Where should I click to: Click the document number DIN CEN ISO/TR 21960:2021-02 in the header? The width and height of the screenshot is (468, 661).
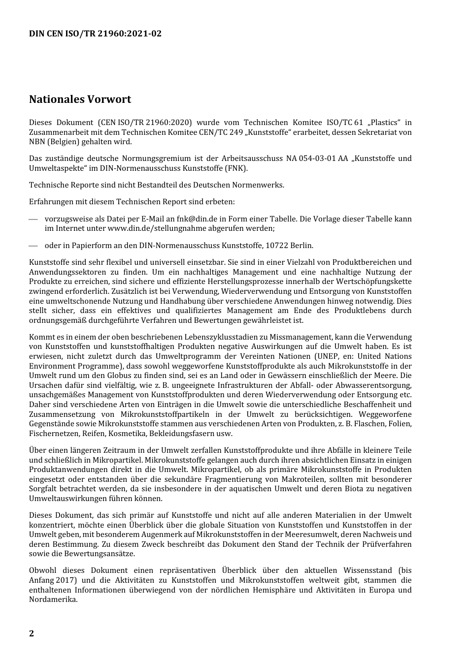[95, 33]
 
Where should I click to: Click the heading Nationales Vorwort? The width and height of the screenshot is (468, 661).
[80, 99]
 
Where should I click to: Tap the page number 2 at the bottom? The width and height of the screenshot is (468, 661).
[32, 633]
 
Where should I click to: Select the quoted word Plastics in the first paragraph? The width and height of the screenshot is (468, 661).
[384, 123]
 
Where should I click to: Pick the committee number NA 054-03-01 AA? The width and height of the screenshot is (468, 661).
[317, 158]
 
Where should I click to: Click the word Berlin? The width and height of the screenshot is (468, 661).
[301, 246]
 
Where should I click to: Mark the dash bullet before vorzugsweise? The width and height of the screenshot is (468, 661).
[33, 219]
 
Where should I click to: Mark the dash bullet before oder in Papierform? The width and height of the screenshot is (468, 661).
[33, 246]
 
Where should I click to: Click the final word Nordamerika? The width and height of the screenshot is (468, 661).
[53, 599]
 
